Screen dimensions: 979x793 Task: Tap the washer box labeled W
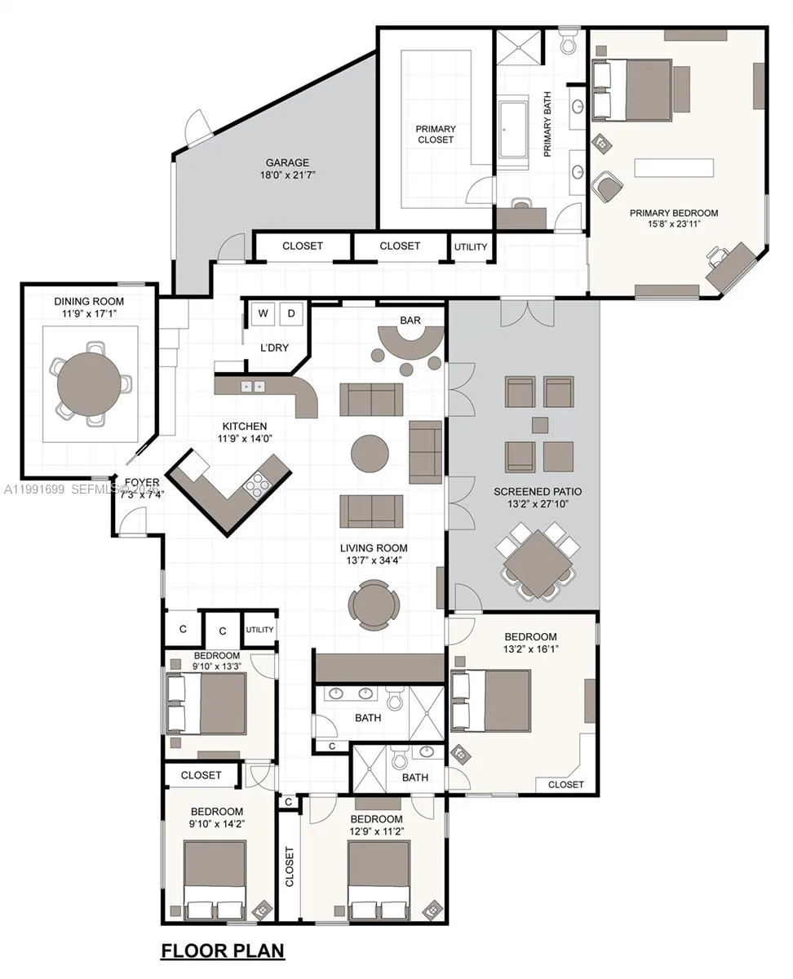[264, 313]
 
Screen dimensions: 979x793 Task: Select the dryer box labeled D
[292, 313]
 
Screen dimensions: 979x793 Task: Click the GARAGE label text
[287, 162]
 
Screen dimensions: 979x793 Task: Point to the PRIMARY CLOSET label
[436, 135]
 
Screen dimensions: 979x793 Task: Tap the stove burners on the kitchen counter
[257, 485]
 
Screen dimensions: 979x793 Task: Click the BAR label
[410, 320]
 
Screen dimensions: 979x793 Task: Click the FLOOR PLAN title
[223, 950]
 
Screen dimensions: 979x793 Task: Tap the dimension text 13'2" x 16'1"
[530, 649]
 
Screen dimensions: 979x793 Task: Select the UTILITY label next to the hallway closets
[471, 247]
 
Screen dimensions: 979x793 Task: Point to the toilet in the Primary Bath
[569, 40]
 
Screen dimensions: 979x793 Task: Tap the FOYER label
[142, 482]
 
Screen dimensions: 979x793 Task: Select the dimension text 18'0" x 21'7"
[287, 175]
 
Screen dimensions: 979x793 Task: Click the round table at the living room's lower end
[374, 605]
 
